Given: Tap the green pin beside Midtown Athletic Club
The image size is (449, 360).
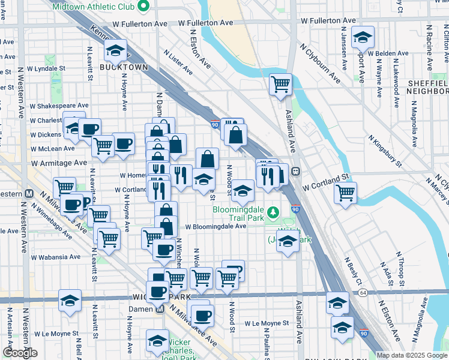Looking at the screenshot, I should [142, 7].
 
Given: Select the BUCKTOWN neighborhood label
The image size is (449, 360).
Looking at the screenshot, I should [124, 67].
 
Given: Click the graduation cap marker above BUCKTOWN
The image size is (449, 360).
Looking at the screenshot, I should [116, 52].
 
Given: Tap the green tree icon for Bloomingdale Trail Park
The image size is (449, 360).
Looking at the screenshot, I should [273, 212].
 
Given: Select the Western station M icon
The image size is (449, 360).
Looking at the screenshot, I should [28, 194].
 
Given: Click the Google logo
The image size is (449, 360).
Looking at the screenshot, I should [20, 353].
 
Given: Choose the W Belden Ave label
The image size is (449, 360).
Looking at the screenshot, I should [388, 53].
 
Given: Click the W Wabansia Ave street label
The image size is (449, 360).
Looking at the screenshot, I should [56, 257].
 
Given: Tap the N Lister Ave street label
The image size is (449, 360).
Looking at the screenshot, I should [178, 61].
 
